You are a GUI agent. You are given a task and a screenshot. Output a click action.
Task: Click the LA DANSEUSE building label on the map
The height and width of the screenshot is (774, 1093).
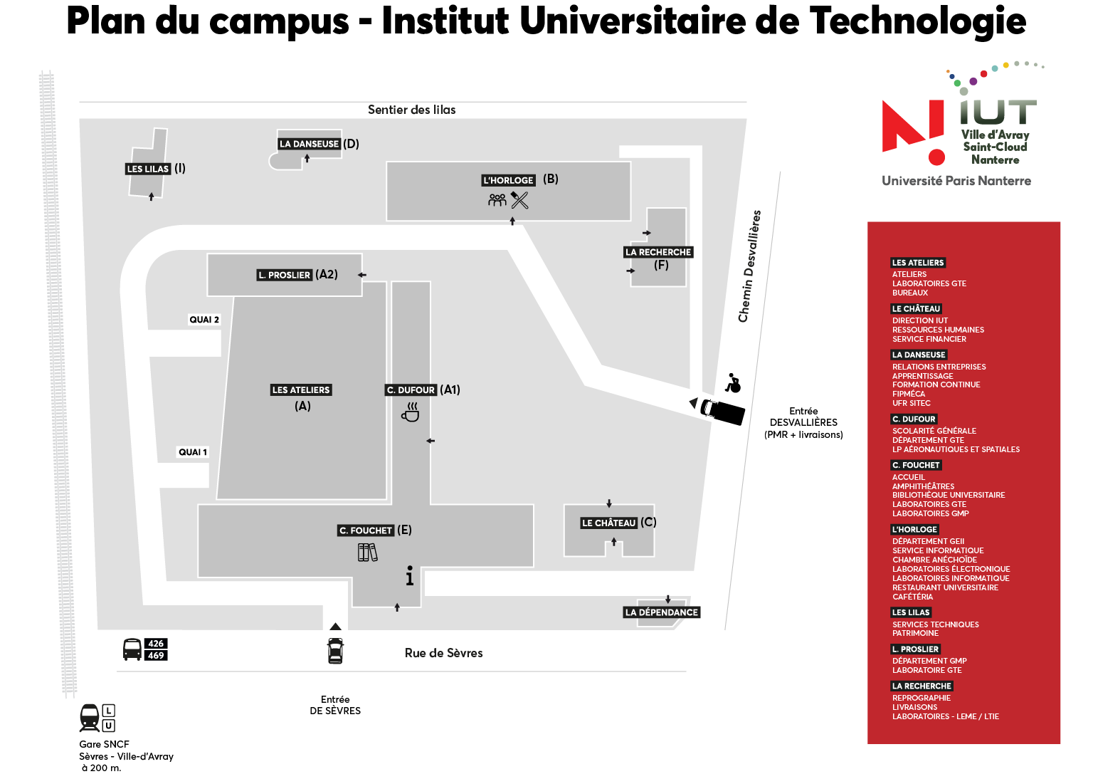coord(309,144)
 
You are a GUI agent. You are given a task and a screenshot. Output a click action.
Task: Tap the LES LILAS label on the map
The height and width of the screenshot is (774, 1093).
coord(147,169)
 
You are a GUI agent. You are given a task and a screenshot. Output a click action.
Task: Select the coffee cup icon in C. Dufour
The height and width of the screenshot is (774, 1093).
coord(411,412)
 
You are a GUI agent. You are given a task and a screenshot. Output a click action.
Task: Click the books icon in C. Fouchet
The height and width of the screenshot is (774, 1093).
coord(367,553)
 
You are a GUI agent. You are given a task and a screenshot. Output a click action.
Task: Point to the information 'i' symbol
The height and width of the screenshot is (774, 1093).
coord(410,575)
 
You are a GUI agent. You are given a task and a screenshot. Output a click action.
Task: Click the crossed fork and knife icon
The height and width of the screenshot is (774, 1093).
coord(519,199)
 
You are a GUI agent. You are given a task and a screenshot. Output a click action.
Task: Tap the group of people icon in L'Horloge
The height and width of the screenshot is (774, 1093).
coord(497,199)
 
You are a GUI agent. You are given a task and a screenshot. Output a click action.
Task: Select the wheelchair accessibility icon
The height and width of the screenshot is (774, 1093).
coord(733,383)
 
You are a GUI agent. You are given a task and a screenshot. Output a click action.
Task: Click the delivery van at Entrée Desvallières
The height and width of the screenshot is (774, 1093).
coord(723,411)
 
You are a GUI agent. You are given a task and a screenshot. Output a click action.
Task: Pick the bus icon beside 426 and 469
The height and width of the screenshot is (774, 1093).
coord(132,649)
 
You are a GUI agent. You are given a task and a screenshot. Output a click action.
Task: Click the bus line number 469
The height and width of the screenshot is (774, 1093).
coord(156,655)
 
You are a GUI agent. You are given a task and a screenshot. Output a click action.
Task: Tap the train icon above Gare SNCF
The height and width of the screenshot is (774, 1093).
coord(90,717)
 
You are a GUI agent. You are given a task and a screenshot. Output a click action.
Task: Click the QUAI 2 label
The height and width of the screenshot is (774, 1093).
coord(204,320)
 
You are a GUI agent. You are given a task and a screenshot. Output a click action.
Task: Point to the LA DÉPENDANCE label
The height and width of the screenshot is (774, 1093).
coord(662,612)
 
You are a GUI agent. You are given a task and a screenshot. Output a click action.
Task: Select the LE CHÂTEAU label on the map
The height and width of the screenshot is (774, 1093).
coord(609,523)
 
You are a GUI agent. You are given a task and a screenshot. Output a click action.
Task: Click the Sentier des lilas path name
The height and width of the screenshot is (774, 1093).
coord(411,110)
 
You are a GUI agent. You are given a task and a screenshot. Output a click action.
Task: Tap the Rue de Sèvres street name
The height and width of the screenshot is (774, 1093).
coord(443,653)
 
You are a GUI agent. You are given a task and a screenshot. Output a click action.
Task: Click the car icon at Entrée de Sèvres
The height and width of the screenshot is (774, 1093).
coord(335,650)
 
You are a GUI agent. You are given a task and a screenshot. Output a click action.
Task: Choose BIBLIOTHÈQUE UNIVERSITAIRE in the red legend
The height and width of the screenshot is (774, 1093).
coord(949,495)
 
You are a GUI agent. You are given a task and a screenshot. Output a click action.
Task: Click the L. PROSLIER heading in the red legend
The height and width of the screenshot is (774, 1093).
coord(915,649)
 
